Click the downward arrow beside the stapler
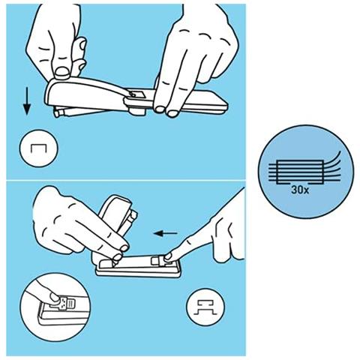[27, 101]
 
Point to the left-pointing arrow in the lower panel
[166, 233]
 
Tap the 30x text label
[300, 190]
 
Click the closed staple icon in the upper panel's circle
[38, 148]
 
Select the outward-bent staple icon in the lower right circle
[205, 307]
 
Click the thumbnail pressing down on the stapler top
[61, 71]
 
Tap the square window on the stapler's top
[138, 94]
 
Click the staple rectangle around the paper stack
[300, 172]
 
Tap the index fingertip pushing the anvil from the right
[168, 256]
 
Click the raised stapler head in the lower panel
[117, 215]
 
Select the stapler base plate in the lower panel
[138, 268]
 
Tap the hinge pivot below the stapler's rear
[136, 111]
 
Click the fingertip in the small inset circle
[55, 297]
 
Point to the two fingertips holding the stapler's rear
[166, 111]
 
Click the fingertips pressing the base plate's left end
[120, 253]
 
